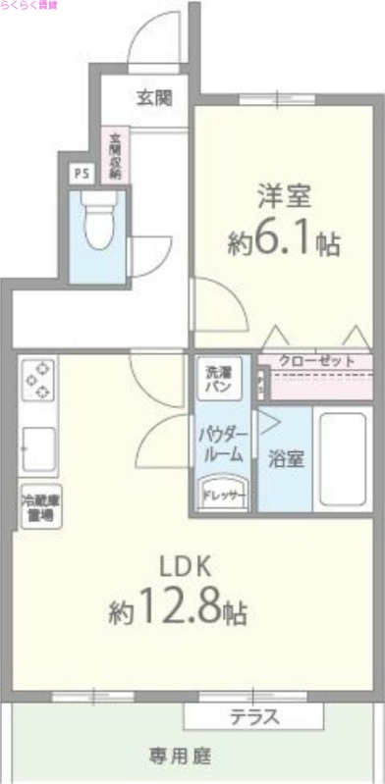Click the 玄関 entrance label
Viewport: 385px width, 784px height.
[153, 97]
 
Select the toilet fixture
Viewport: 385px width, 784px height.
[97, 221]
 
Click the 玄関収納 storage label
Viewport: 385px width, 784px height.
[115, 155]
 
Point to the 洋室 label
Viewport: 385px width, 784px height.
[285, 195]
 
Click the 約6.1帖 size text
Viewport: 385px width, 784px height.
[285, 241]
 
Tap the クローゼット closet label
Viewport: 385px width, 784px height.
[316, 361]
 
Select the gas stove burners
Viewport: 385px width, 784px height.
[37, 380]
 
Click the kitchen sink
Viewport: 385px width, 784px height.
[37, 448]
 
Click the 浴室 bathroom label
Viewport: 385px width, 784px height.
[285, 457]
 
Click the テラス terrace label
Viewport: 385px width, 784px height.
[254, 717]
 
